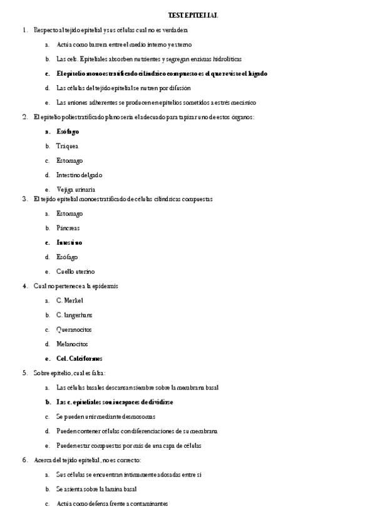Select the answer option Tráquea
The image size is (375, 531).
click(67, 146)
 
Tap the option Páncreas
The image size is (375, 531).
click(68, 228)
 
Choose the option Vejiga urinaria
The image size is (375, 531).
click(76, 189)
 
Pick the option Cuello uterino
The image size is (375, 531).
click(75, 271)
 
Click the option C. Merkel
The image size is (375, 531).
click(69, 301)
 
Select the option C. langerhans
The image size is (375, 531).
click(74, 315)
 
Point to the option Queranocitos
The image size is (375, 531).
click(73, 329)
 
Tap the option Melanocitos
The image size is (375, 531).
click(72, 344)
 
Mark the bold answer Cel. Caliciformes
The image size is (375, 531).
click(79, 359)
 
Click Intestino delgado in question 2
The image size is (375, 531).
click(79, 175)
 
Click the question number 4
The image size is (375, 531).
click(24, 286)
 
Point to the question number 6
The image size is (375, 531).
click(24, 460)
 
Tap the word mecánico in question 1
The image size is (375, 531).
click(243, 103)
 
